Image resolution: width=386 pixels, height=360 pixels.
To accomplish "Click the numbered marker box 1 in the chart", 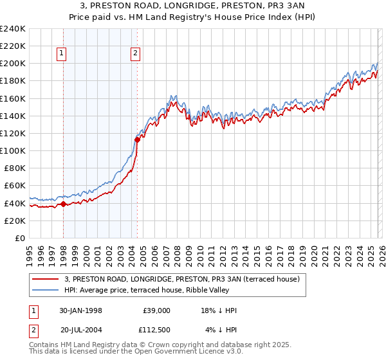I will click(62, 54).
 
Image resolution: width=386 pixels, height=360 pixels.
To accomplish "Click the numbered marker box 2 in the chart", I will click(136, 54).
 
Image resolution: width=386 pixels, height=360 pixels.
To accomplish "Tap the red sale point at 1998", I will click(64, 204).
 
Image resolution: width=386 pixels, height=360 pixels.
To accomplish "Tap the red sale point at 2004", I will click(137, 139).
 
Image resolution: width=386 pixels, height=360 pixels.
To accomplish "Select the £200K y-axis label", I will click(12, 64).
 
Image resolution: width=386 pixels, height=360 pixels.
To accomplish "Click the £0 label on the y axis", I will click(19, 238).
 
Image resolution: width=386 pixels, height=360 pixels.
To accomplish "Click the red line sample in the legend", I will click(46, 278).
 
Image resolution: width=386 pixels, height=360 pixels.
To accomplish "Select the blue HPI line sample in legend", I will click(46, 290).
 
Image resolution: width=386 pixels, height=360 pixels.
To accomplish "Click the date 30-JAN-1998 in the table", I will click(80, 310).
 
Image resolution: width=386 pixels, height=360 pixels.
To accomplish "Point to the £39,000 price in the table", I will click(156, 310).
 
